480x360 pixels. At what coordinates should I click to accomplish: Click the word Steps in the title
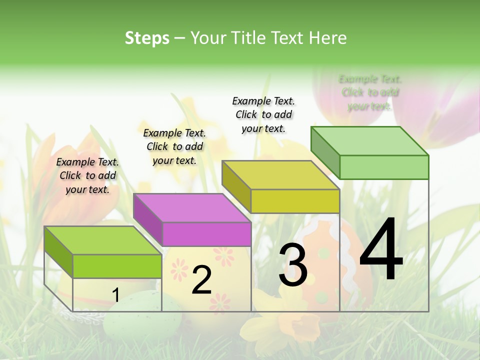click(147, 38)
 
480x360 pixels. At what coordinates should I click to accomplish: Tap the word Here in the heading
click(328, 38)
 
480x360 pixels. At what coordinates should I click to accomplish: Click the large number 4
click(381, 250)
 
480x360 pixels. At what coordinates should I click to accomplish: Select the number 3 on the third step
click(293, 265)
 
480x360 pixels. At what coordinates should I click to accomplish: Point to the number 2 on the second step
click(202, 280)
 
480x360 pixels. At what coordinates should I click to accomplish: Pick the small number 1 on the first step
click(115, 295)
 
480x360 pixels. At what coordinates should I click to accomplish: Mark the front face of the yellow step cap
click(295, 201)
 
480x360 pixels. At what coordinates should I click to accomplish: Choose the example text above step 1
click(87, 175)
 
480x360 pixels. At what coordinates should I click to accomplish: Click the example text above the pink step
click(174, 146)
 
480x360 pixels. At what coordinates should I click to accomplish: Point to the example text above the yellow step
click(263, 114)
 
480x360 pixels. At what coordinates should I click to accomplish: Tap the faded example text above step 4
click(370, 92)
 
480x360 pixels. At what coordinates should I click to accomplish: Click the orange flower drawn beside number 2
click(224, 256)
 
